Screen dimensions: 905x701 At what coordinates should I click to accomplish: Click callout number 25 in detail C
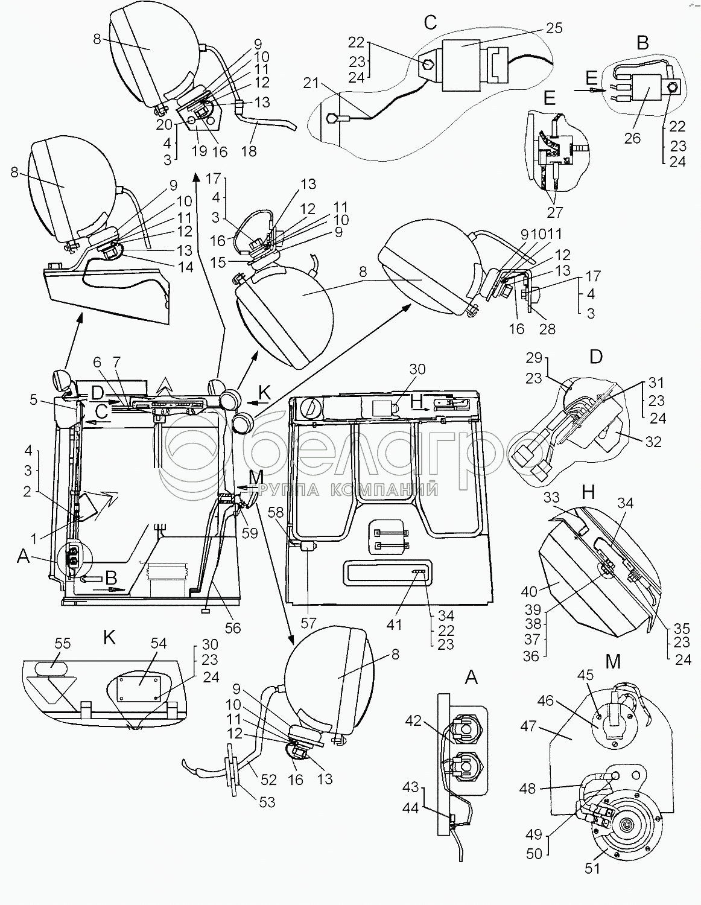554,28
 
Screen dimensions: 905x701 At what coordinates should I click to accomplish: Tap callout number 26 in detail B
632,138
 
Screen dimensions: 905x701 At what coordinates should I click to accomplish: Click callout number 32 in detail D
653,441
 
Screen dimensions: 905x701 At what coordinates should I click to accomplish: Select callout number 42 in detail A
413,720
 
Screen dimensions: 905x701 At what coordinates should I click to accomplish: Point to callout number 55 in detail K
62,643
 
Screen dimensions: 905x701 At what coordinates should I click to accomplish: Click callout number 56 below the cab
232,628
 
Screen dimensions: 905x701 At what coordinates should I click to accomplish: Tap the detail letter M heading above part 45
613,662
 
